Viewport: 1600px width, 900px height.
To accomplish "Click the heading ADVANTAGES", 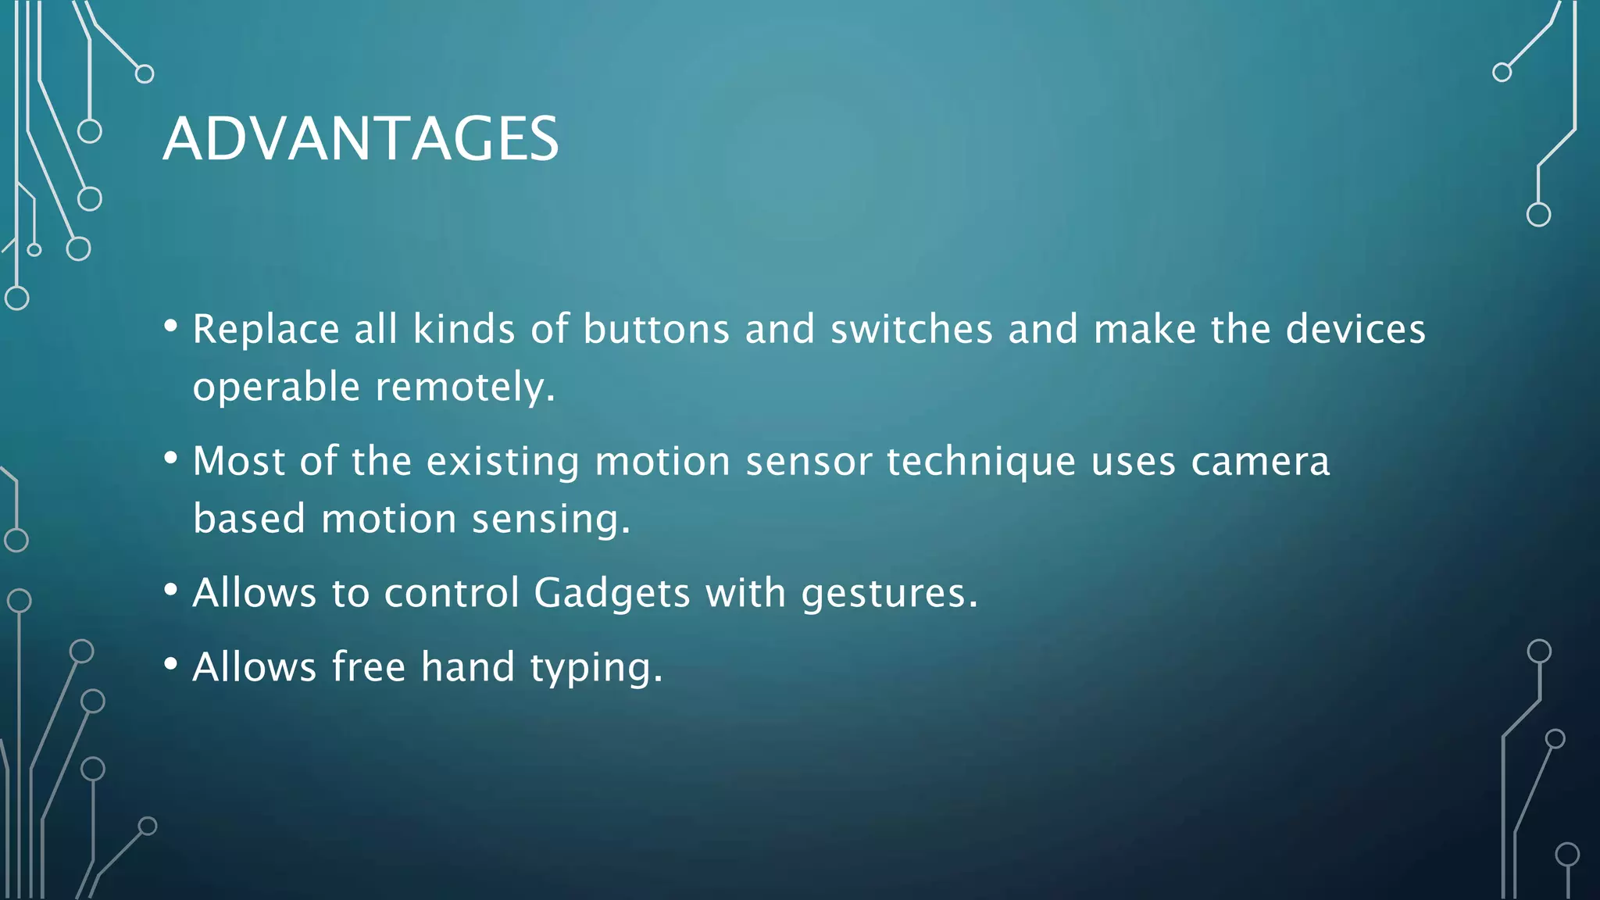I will tap(360, 139).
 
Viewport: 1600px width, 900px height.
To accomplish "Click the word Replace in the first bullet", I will tap(266, 329).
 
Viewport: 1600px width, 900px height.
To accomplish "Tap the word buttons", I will tap(656, 329).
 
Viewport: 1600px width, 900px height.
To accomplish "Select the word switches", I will tap(911, 329).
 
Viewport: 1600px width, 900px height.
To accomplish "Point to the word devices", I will tap(1355, 329).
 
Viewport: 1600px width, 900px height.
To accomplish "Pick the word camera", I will tap(1260, 461).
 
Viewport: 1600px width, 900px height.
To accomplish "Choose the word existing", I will tap(502, 462).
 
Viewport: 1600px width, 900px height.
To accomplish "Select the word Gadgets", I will tap(612, 593).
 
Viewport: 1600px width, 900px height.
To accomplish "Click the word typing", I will tap(596, 668).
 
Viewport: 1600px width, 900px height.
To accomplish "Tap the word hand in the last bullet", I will tap(468, 667).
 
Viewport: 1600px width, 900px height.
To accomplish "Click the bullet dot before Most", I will tap(171, 458).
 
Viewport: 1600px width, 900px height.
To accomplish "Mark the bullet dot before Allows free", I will tap(171, 664).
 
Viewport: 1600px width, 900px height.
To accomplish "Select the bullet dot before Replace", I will tap(171, 326).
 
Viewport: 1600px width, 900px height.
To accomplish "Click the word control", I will tap(452, 593).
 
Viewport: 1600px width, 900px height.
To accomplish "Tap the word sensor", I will tap(808, 462).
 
